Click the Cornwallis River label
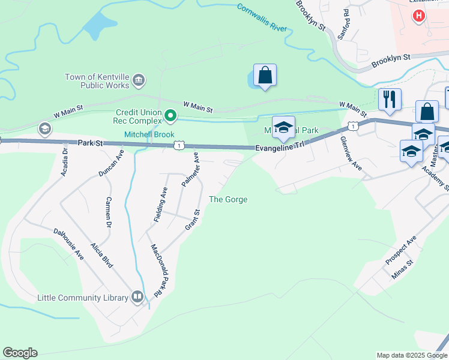pos(262,17)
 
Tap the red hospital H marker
pos(419,16)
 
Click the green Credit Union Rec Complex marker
pos(170,115)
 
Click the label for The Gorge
pos(228,199)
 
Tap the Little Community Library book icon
pos(137,297)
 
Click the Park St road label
pos(91,143)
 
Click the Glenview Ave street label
pos(351,154)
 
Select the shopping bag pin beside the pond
pos(265,76)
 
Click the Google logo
pos(20,353)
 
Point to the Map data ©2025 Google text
pos(411,355)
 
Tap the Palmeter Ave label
pos(190,169)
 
